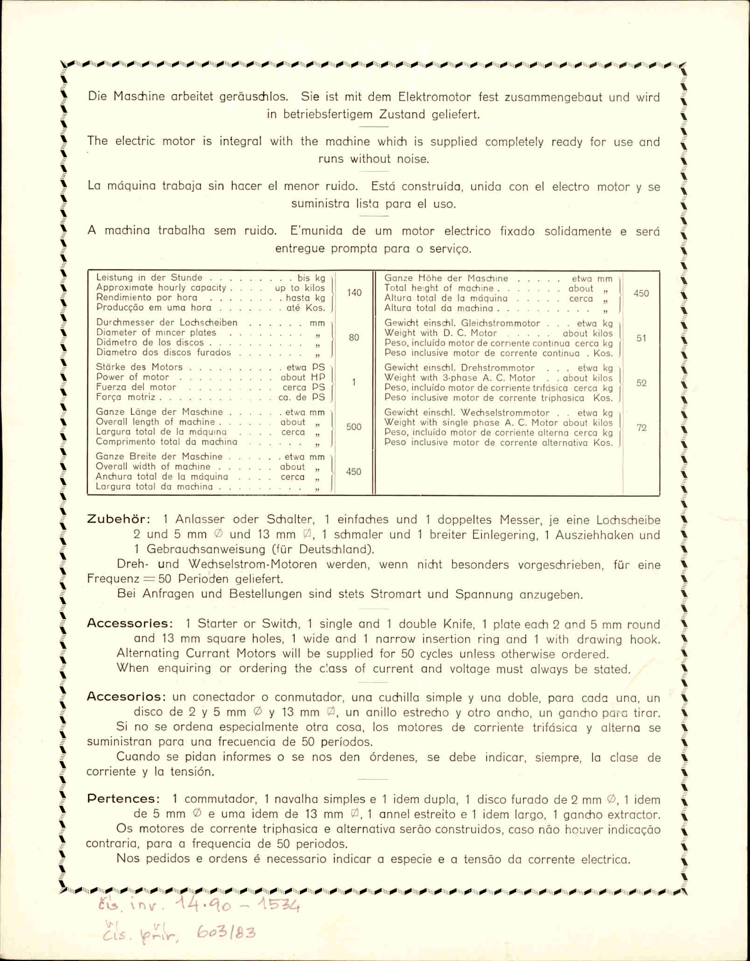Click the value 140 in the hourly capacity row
click(354, 293)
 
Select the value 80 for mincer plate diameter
click(354, 337)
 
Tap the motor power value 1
click(354, 382)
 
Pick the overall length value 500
click(354, 427)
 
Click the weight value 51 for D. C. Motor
click(641, 338)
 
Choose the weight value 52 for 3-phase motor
click(641, 383)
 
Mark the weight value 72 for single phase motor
click(641, 428)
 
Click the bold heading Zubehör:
click(119, 519)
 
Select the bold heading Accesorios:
click(126, 696)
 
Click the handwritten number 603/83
click(226, 933)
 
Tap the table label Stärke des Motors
click(139, 367)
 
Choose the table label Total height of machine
click(438, 288)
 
